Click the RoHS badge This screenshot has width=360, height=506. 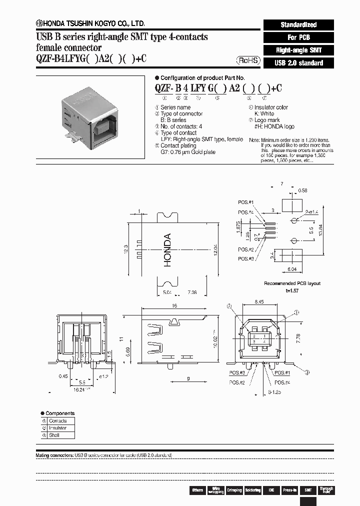[x=248, y=60]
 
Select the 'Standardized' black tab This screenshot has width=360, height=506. [x=298, y=24]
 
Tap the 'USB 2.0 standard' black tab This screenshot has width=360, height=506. [x=298, y=63]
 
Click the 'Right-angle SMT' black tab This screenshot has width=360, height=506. [x=298, y=50]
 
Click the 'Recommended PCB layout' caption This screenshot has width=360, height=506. [x=292, y=283]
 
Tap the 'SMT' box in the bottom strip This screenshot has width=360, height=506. [x=308, y=490]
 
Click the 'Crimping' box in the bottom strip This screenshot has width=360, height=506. [x=234, y=490]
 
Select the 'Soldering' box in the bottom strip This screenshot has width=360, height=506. [x=252, y=490]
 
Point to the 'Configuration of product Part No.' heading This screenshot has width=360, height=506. [x=202, y=78]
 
